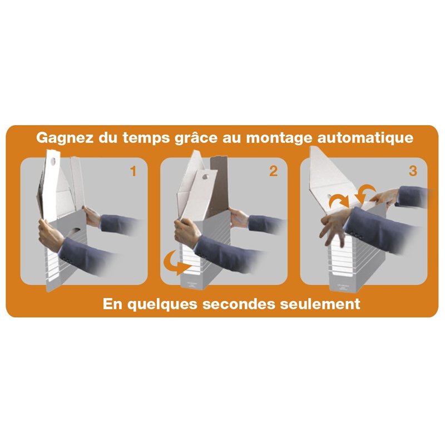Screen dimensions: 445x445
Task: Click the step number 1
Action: click(133, 171)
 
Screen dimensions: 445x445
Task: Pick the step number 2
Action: click(273, 171)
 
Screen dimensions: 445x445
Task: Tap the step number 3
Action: click(413, 171)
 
